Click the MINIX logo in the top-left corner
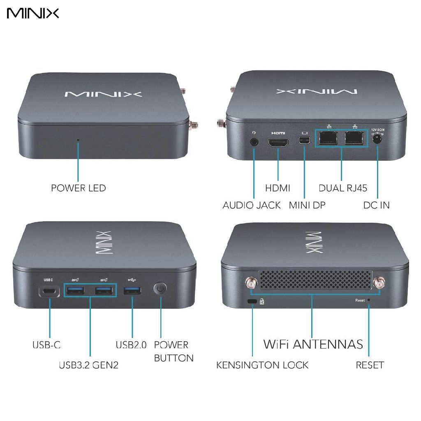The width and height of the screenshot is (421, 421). click(33, 14)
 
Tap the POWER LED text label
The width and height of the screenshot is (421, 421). click(78, 188)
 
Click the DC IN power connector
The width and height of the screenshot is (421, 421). click(377, 140)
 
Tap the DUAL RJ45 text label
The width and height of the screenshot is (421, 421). click(343, 188)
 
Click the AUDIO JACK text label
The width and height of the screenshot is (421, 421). click(252, 205)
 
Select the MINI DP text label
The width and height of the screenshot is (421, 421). click(307, 205)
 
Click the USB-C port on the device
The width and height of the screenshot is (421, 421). click(49, 292)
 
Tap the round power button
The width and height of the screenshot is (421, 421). click(160, 289)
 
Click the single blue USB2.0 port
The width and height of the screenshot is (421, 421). click(132, 291)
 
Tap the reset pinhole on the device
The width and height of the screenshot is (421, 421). click(369, 300)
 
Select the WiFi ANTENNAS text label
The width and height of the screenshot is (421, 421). click(313, 344)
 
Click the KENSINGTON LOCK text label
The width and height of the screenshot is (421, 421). click(262, 365)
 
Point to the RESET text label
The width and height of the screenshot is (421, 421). click(370, 365)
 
